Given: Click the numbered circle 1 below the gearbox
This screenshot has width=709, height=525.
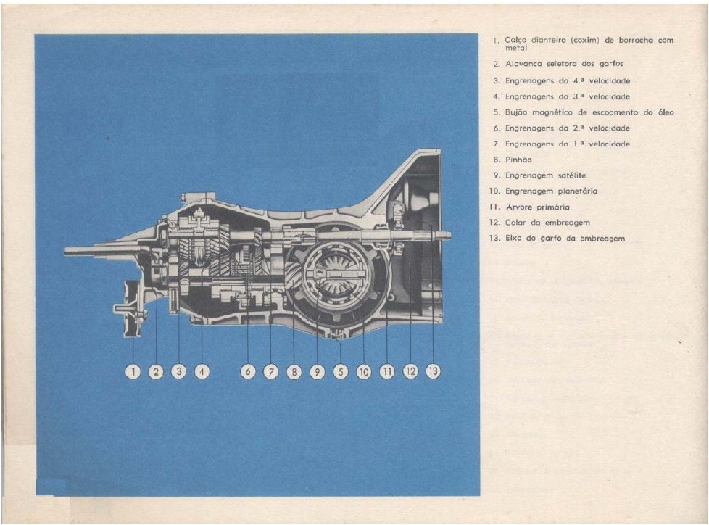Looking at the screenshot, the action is coord(133,371).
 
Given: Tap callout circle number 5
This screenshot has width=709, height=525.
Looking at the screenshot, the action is coord(340,371).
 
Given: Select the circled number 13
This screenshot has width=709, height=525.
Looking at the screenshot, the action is coord(433,371).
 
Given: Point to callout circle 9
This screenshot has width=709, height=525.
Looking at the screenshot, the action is coord(317,371).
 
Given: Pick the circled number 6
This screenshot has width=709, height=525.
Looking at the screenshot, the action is coord(248,371).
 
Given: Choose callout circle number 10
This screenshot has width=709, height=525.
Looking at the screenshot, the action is coord(363,371).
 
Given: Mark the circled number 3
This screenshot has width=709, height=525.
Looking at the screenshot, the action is coord(178,371).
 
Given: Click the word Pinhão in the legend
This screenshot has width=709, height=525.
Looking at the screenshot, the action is coord(519,160).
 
